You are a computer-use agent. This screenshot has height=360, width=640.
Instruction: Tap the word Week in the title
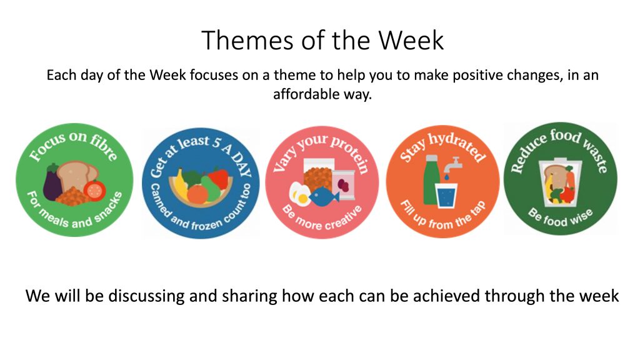411,40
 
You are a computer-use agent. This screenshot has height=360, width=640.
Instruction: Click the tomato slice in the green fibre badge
95,190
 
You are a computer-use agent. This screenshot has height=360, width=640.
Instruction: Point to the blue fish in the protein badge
324,197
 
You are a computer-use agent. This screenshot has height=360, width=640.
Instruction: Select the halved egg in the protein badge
299,194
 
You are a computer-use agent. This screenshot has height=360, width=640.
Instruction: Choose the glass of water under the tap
446,196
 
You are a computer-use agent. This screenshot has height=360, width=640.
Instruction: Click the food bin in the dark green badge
560,182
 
